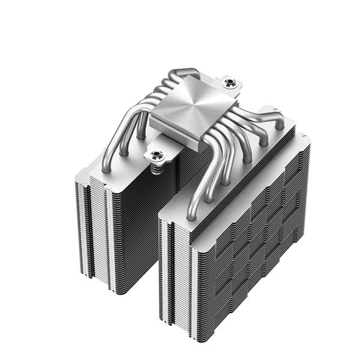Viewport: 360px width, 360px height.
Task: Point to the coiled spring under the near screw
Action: pos(157,169)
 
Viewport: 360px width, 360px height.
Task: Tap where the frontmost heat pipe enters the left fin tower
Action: pos(106,169)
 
